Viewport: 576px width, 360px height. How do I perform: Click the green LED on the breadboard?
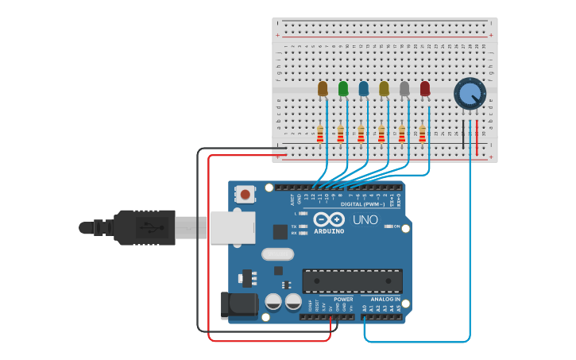pos(343,88)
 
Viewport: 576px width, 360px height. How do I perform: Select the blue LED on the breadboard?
pos(364,88)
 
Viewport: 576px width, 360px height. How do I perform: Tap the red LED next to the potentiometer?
pos(425,88)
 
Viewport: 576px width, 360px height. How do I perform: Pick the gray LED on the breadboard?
pos(404,88)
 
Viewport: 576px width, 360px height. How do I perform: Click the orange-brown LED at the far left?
pos(323,88)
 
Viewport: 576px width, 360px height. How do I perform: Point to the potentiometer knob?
pos(470,94)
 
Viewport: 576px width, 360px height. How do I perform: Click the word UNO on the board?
pos(365,219)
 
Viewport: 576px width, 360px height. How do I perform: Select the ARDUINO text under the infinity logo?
pos(329,231)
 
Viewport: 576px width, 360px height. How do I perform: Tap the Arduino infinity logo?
pos(329,219)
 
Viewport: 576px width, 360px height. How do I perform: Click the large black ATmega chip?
pos(352,281)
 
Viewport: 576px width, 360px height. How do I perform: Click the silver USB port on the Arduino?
pos(231,226)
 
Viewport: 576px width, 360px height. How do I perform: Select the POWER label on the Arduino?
pos(343,300)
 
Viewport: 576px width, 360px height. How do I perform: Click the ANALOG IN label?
pos(386,300)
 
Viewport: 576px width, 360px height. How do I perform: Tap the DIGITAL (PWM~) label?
pos(361,204)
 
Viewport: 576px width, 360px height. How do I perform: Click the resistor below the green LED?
pos(341,134)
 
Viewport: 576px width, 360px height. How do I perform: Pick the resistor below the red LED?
pos(422,134)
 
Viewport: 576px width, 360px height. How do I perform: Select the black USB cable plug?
pos(144,227)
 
